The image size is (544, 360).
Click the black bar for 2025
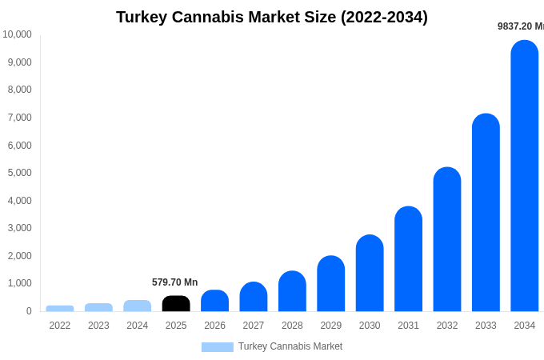click(176, 303)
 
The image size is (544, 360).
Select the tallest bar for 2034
click(525, 176)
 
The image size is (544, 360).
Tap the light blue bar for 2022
click(60, 308)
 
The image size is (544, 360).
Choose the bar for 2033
click(486, 212)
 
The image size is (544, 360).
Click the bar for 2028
click(292, 291)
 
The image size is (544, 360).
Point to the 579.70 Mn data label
click(174, 282)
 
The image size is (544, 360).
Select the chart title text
click(272, 17)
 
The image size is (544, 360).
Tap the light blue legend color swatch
click(217, 347)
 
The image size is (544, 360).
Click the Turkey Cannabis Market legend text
click(290, 346)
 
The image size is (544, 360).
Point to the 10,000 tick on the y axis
click(17, 34)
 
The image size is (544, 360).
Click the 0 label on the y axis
click(29, 311)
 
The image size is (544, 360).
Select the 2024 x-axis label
click(138, 326)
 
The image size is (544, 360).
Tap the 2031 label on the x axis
click(408, 326)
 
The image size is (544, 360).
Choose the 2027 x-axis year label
click(254, 326)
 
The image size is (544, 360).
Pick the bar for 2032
click(447, 239)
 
